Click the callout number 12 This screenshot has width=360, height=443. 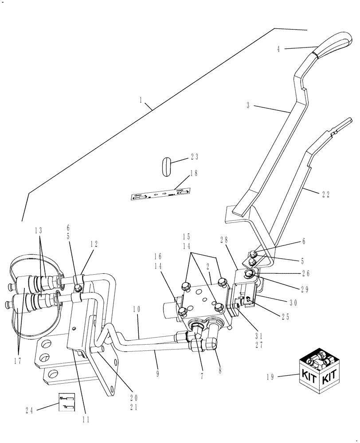point(94,244)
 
